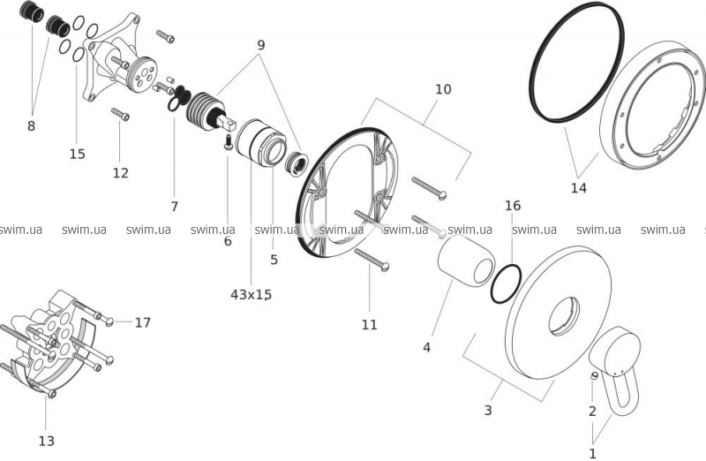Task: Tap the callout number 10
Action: click(x=443, y=89)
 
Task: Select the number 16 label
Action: click(x=513, y=205)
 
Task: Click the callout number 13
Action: click(x=47, y=440)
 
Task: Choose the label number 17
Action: click(x=142, y=322)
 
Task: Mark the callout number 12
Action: click(x=121, y=172)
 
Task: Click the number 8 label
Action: click(x=32, y=125)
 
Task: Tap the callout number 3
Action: click(x=487, y=410)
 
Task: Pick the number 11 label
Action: click(x=369, y=324)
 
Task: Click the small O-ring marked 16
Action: click(x=504, y=285)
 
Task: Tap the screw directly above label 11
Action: click(x=372, y=257)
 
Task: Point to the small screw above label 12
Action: click(x=120, y=114)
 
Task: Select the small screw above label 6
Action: click(x=228, y=141)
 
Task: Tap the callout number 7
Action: click(x=174, y=206)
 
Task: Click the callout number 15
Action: click(x=78, y=154)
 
